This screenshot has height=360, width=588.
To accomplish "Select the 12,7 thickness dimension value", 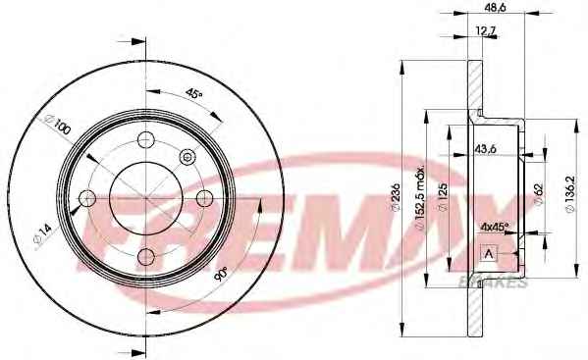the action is point(485,30).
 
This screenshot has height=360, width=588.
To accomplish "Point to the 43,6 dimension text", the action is point(486,149).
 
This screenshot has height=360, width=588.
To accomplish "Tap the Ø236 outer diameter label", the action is point(396,196).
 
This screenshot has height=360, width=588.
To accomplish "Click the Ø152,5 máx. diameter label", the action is point(420,197).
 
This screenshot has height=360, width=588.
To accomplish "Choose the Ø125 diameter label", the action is point(443,197).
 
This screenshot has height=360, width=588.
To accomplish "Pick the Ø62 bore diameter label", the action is point(539,194).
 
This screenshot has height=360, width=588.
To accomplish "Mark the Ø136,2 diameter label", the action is point(570,194).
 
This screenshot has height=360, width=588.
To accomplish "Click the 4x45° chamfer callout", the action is point(494,227).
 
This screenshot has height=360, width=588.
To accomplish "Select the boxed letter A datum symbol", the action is point(488,253).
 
